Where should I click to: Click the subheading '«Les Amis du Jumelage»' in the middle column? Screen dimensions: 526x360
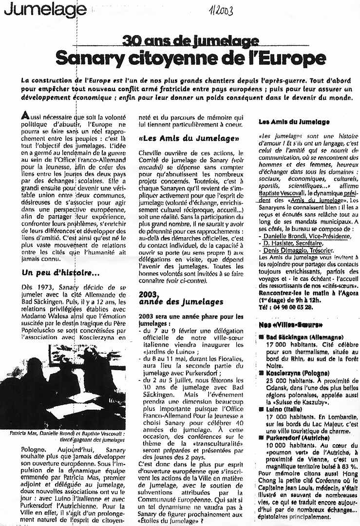[188, 138]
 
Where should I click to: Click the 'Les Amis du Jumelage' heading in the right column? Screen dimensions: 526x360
[294, 122]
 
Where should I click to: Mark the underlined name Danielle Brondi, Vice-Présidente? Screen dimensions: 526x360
[305, 236]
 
